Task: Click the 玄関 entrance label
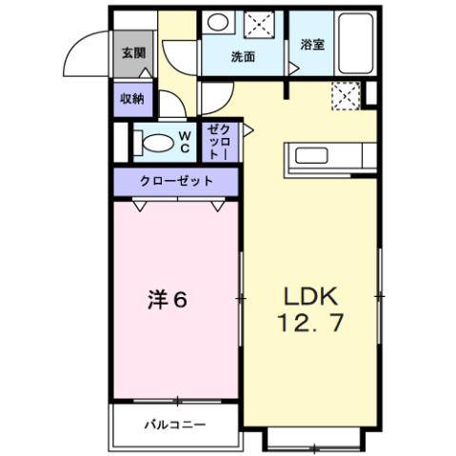coord(131,53)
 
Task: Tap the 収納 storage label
coord(131,99)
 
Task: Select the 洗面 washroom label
coord(243,56)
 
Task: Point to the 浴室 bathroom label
coord(312,44)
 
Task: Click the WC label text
coord(186,142)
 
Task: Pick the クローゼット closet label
coord(176,181)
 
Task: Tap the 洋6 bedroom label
coord(168,300)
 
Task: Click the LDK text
coord(307,294)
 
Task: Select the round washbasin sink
coord(218,24)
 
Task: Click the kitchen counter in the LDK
coord(327,157)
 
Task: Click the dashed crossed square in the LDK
coord(343,94)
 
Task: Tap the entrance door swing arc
coord(91,48)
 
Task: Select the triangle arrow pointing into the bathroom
coord(293,69)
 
